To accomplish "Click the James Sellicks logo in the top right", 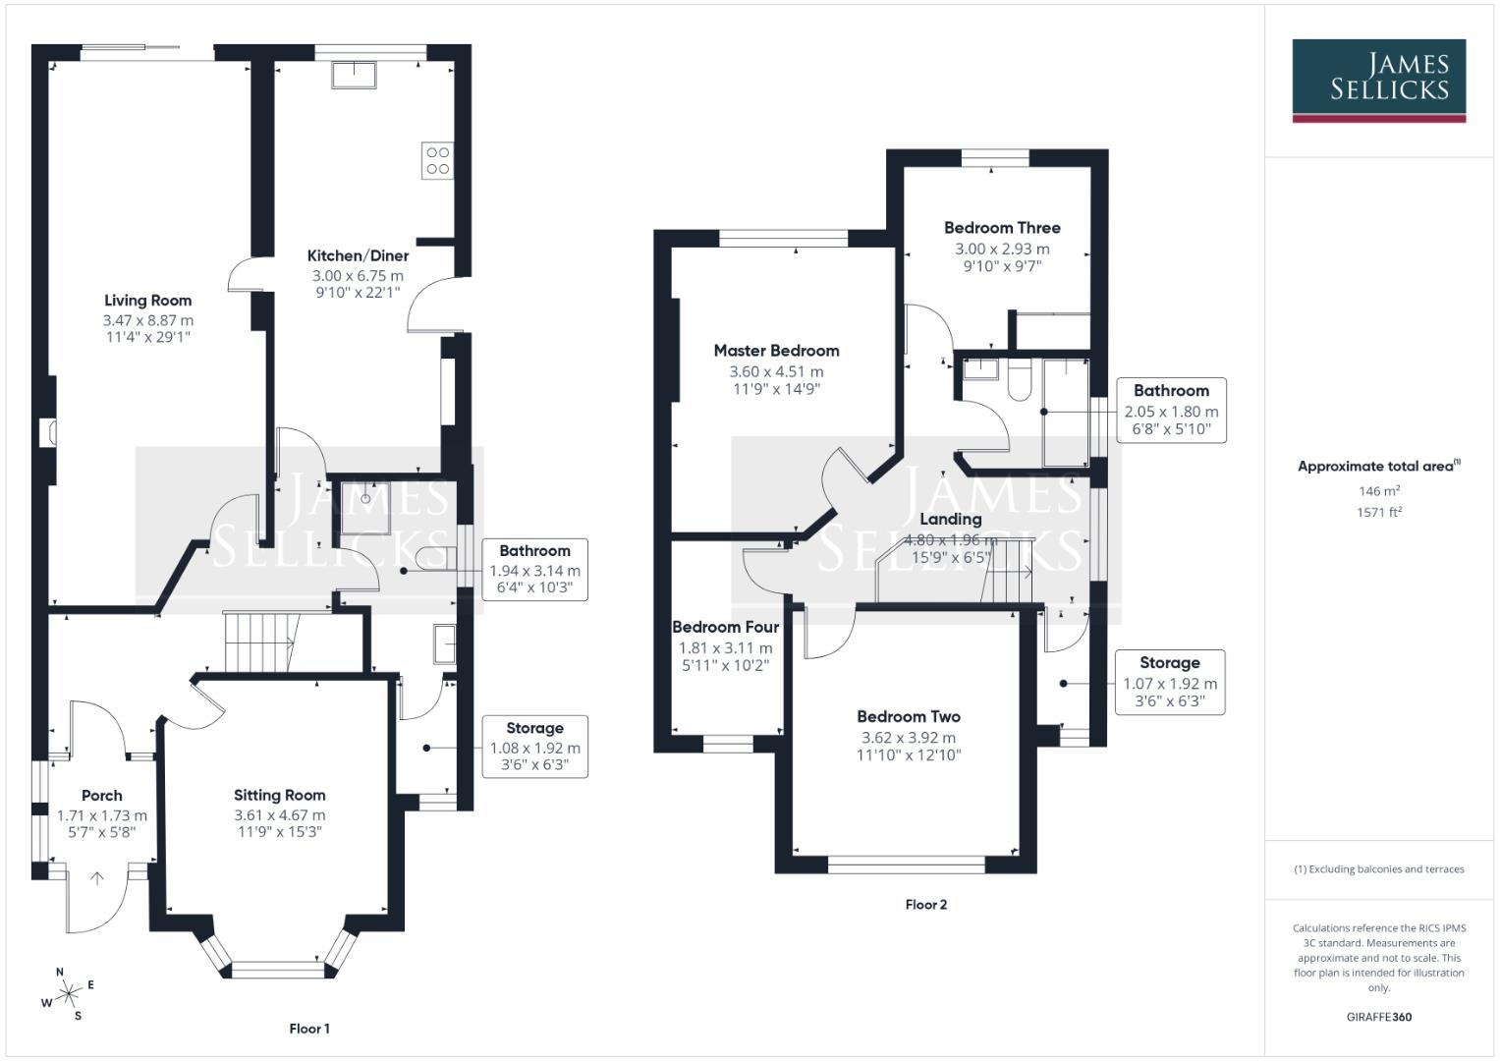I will tap(1378, 80).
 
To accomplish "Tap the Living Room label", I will tap(148, 301).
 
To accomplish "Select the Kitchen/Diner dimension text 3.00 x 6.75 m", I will tap(358, 276).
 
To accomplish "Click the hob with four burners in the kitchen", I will tap(437, 161).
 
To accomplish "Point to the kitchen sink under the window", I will tap(354, 75).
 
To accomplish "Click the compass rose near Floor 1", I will tap(68, 994).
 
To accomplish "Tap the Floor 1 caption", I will tap(309, 1029).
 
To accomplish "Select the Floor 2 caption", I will tap(925, 904).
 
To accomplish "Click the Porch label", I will tap(102, 796).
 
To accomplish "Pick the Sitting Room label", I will tap(279, 795).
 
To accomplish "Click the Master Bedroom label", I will tap(776, 351).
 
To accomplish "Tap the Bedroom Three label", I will tap(1002, 228).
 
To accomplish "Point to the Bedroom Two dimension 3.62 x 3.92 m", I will tap(908, 738).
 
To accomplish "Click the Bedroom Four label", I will tap(725, 627).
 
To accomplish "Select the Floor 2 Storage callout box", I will tap(1169, 682).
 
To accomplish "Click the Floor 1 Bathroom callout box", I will tap(534, 570).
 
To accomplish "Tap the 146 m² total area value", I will tap(1378, 491).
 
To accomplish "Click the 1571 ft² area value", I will tap(1378, 512).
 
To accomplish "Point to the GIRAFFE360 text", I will tap(1378, 1017).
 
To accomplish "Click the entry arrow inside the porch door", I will tap(97, 878).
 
